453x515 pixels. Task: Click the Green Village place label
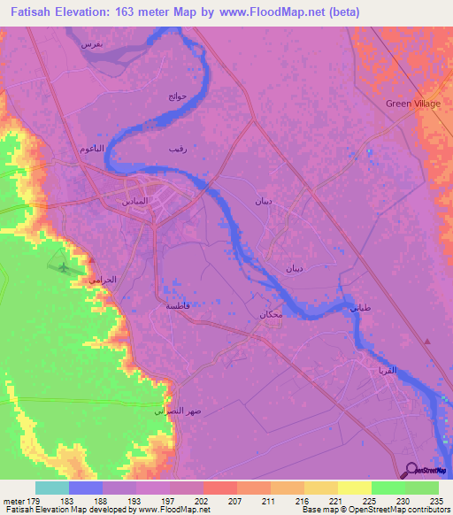(x=412, y=104)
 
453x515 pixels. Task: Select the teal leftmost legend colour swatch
(x=52, y=488)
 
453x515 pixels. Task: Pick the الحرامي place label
(x=101, y=279)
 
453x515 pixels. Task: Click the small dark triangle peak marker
(x=426, y=342)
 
